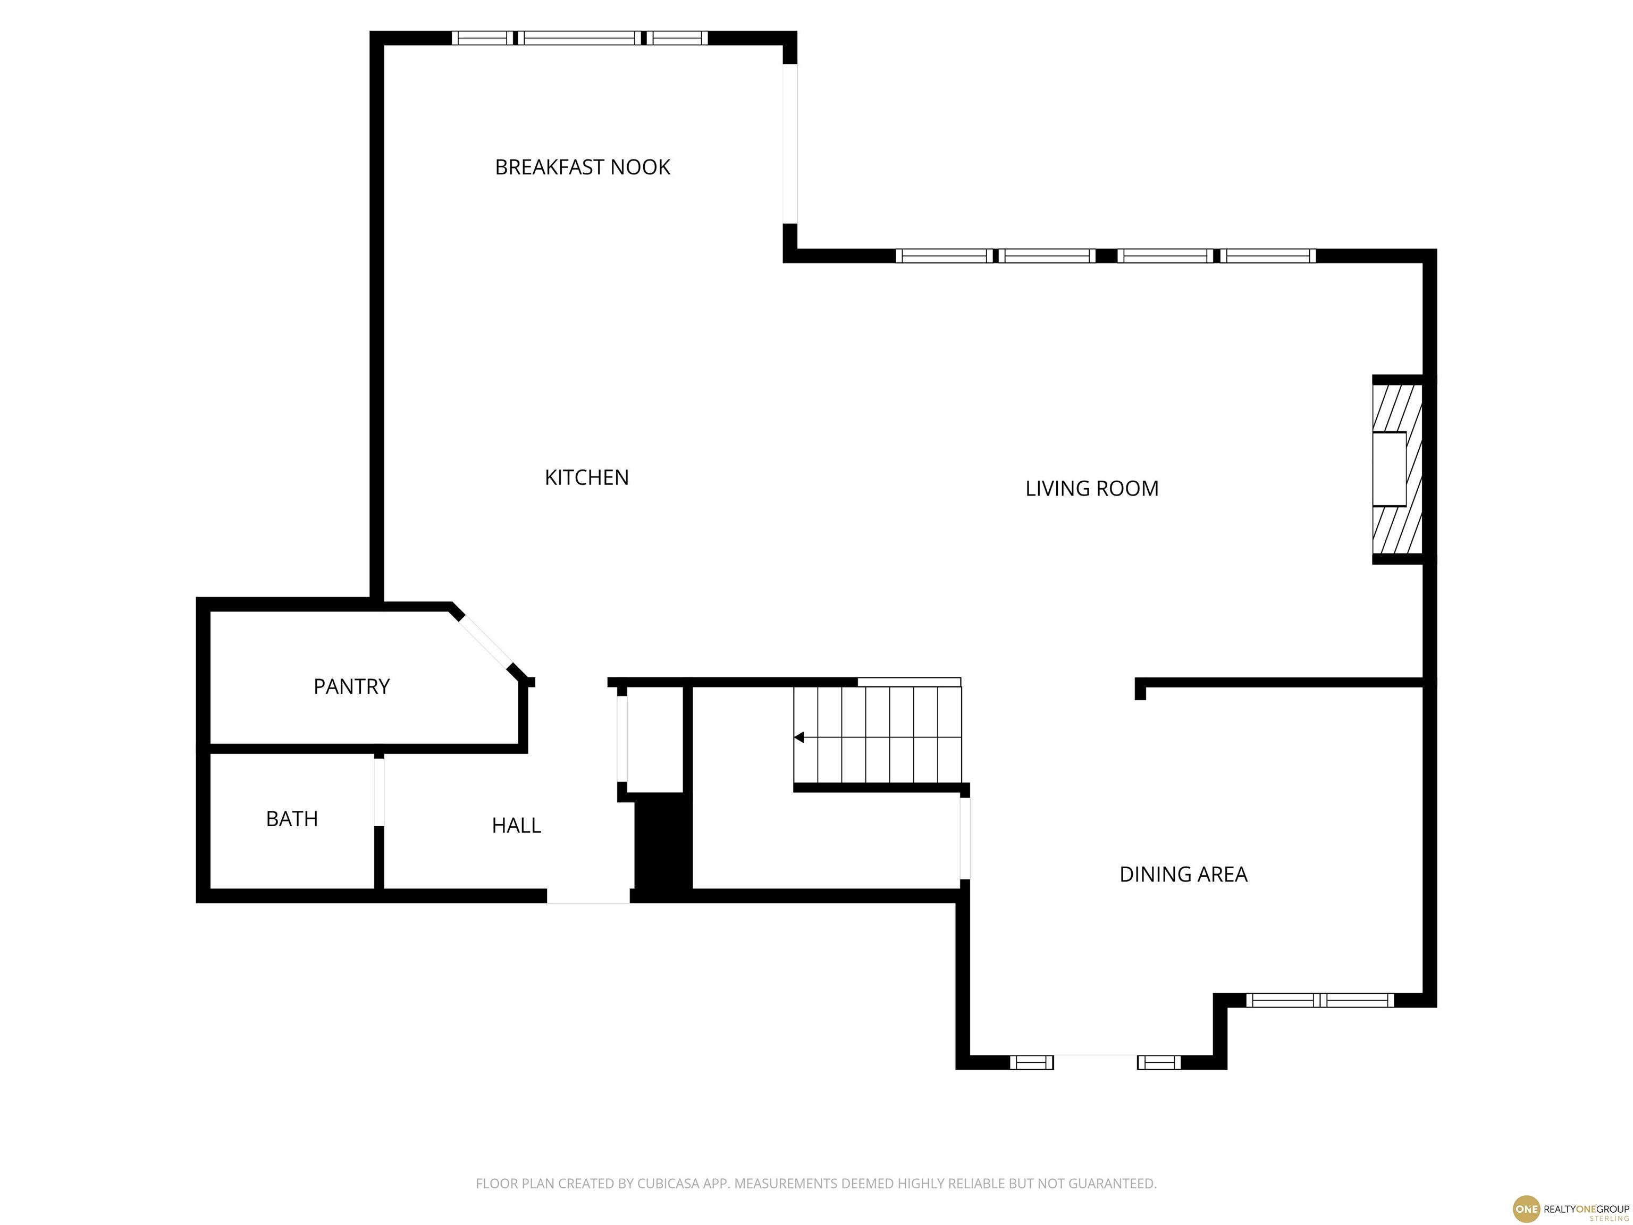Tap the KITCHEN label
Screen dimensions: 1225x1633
[586, 478]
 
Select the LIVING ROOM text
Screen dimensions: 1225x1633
[1091, 489]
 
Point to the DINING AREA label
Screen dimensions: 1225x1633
[1183, 874]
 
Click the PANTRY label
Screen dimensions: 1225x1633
[351, 687]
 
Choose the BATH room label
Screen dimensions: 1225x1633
[292, 819]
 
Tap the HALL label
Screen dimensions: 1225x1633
[516, 826]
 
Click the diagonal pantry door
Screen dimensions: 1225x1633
[484, 641]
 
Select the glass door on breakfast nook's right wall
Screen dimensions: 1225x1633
[790, 144]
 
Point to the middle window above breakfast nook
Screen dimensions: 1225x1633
[579, 38]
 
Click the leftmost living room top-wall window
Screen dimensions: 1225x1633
[944, 256]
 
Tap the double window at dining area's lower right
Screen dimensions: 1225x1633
[1319, 1001]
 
